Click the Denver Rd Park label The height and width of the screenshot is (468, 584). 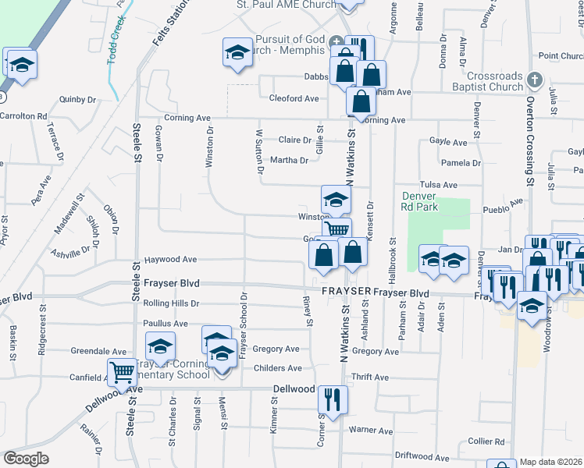[x=420, y=201]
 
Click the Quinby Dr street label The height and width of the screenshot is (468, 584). [x=77, y=99]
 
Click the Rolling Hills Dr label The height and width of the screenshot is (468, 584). [x=172, y=303]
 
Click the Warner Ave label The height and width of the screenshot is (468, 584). [x=370, y=430]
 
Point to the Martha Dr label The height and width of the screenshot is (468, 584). [x=290, y=160]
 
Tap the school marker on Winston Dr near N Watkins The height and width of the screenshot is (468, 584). [x=336, y=200]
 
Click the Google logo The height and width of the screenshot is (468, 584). [x=26, y=459]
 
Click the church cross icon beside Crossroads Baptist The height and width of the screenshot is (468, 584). [x=534, y=80]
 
